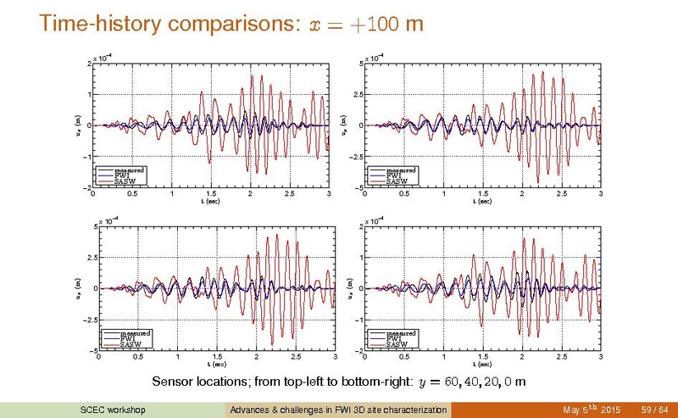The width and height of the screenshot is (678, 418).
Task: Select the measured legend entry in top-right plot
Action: tap(397, 170)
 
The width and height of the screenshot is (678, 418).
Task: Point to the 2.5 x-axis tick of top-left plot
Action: tap(290, 195)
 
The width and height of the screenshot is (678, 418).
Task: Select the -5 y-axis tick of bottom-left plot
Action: tap(93, 350)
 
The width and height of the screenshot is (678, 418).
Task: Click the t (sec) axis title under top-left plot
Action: tap(210, 202)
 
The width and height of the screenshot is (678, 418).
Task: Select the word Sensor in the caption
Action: tap(170, 381)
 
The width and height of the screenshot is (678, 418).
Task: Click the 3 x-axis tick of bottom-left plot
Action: tap(336, 357)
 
